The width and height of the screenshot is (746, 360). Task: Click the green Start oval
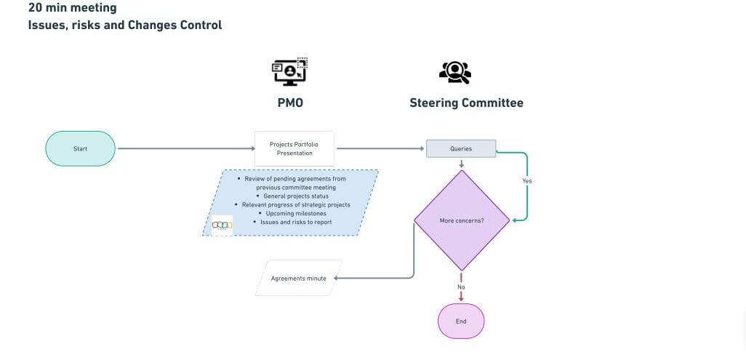click(80, 148)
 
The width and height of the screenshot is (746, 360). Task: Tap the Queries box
click(461, 148)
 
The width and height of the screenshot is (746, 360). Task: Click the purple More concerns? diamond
click(461, 220)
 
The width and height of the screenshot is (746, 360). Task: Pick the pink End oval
click(461, 321)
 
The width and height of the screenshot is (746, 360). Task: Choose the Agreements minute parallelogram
click(298, 278)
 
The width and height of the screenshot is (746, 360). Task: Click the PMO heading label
click(290, 103)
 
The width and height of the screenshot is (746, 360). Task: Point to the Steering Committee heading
click(466, 103)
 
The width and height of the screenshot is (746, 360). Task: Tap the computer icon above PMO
click(289, 72)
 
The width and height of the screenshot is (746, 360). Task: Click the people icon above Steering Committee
click(455, 72)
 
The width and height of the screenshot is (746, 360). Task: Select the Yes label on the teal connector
click(527, 180)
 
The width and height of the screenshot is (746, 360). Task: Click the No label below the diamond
click(461, 287)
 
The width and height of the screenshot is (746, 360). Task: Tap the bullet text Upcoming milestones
click(296, 213)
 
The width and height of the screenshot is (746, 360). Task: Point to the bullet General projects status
click(295, 196)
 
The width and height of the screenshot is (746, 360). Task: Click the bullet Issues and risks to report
click(296, 222)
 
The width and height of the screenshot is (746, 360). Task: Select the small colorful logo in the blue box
click(222, 225)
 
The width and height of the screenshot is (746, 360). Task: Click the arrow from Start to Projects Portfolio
click(185, 148)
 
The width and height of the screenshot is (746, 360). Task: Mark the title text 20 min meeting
click(72, 8)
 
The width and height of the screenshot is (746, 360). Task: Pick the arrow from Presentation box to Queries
click(380, 148)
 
